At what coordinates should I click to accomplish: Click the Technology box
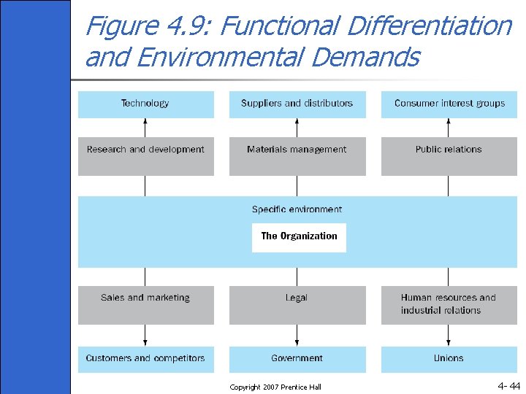pyautogui.click(x=145, y=104)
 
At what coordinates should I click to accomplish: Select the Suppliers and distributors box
pyautogui.click(x=297, y=104)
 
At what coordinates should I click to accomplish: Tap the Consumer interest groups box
pyautogui.click(x=449, y=104)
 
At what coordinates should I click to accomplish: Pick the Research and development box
pyautogui.click(x=145, y=155)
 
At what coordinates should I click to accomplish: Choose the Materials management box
pyautogui.click(x=297, y=155)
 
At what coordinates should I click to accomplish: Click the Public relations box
pyautogui.click(x=449, y=155)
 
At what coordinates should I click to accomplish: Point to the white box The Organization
pyautogui.click(x=299, y=237)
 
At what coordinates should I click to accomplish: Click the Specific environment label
pyautogui.click(x=297, y=209)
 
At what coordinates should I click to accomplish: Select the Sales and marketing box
pyautogui.click(x=145, y=304)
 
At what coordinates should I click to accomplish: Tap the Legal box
pyautogui.click(x=297, y=304)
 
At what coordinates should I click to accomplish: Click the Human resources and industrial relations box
pyautogui.click(x=449, y=304)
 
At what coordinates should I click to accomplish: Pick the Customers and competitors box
pyautogui.click(x=145, y=359)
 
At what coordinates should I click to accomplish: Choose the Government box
pyautogui.click(x=297, y=359)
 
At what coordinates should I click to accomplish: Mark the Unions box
pyautogui.click(x=449, y=359)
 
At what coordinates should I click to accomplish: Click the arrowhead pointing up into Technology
pyautogui.click(x=145, y=123)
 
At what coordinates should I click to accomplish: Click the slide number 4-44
pyautogui.click(x=508, y=386)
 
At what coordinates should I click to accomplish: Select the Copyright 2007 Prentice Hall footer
pyautogui.click(x=275, y=387)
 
